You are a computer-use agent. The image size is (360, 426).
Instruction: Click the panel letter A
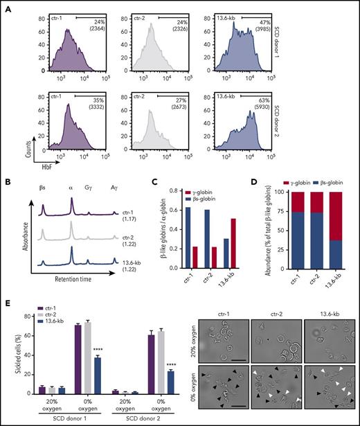7,7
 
